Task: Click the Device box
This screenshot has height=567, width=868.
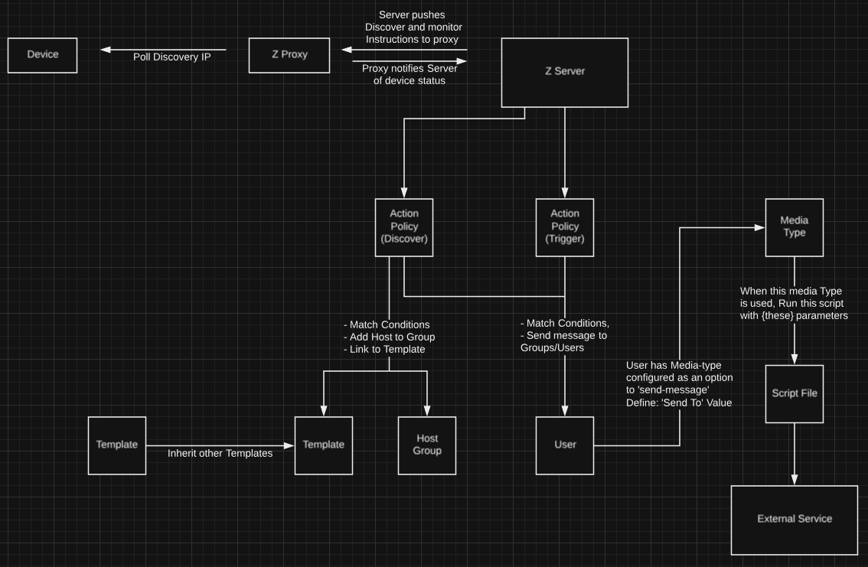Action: coord(42,55)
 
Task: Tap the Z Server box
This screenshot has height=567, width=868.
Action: coord(564,72)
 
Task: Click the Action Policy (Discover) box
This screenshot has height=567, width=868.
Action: coord(404,227)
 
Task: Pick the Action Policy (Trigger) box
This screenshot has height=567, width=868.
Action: coord(565,227)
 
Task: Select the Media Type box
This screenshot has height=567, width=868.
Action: coord(794,227)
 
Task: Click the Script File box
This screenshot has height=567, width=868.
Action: coord(794,393)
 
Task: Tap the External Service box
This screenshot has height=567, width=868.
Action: coord(794,519)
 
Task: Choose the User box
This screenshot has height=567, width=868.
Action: coord(565,445)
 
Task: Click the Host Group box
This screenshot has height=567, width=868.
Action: coord(426,445)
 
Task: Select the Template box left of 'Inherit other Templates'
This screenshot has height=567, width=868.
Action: coord(117,445)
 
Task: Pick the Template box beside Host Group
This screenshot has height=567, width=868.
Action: coord(324,445)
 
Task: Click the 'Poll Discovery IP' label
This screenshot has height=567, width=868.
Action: coord(171,57)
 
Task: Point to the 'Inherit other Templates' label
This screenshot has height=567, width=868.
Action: coord(220,454)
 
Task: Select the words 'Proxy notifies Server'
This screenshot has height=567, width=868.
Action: coord(410,69)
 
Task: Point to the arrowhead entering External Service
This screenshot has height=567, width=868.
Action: coord(794,479)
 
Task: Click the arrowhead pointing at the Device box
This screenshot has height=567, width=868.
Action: coord(105,51)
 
